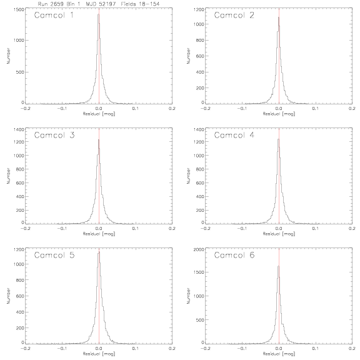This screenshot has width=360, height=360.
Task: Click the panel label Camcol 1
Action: (x=54, y=15)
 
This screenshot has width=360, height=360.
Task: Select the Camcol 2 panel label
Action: (x=234, y=15)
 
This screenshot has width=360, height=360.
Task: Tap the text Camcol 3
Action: (x=54, y=135)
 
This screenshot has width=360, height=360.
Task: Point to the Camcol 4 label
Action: (x=234, y=135)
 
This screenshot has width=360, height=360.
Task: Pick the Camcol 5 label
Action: (x=54, y=255)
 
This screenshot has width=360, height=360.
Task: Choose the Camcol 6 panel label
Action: (x=234, y=255)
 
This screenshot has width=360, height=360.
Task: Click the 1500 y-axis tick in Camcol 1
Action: (x=19, y=9)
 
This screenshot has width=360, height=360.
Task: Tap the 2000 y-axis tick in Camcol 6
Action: (x=199, y=249)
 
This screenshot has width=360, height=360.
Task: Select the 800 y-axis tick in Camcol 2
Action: (x=200, y=41)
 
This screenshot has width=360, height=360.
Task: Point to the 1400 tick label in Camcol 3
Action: (x=19, y=129)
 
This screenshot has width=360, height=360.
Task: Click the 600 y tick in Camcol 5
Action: (x=20, y=296)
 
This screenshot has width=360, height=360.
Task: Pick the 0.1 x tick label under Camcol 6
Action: (x=316, y=349)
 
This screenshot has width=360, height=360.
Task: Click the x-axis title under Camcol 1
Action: (x=99, y=114)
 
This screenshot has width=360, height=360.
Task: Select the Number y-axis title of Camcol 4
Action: (x=189, y=176)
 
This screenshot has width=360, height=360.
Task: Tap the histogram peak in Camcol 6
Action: (x=279, y=266)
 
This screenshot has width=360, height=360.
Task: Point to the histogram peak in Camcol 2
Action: (x=279, y=17)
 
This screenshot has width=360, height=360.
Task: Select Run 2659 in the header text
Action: (x=51, y=4)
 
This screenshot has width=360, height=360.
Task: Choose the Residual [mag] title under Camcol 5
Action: (x=99, y=354)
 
